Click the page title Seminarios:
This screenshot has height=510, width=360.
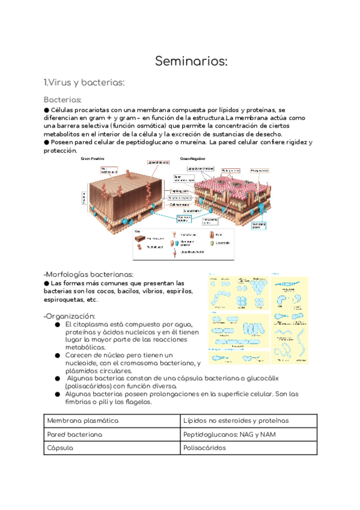192,61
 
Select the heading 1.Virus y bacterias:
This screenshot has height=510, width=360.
84,82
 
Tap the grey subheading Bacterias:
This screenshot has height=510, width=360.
63,99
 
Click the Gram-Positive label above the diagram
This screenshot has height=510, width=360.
93,159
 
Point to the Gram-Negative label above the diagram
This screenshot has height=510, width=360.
195,159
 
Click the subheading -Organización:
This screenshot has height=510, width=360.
70,316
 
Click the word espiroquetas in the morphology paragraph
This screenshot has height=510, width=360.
66,300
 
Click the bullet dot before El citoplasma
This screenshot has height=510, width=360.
57,324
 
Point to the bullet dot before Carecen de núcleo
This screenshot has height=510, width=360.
57,355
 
